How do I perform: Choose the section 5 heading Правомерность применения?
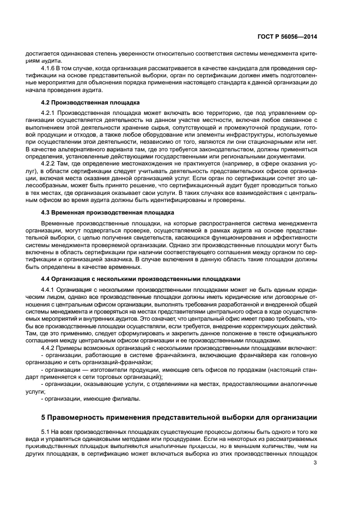180,418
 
